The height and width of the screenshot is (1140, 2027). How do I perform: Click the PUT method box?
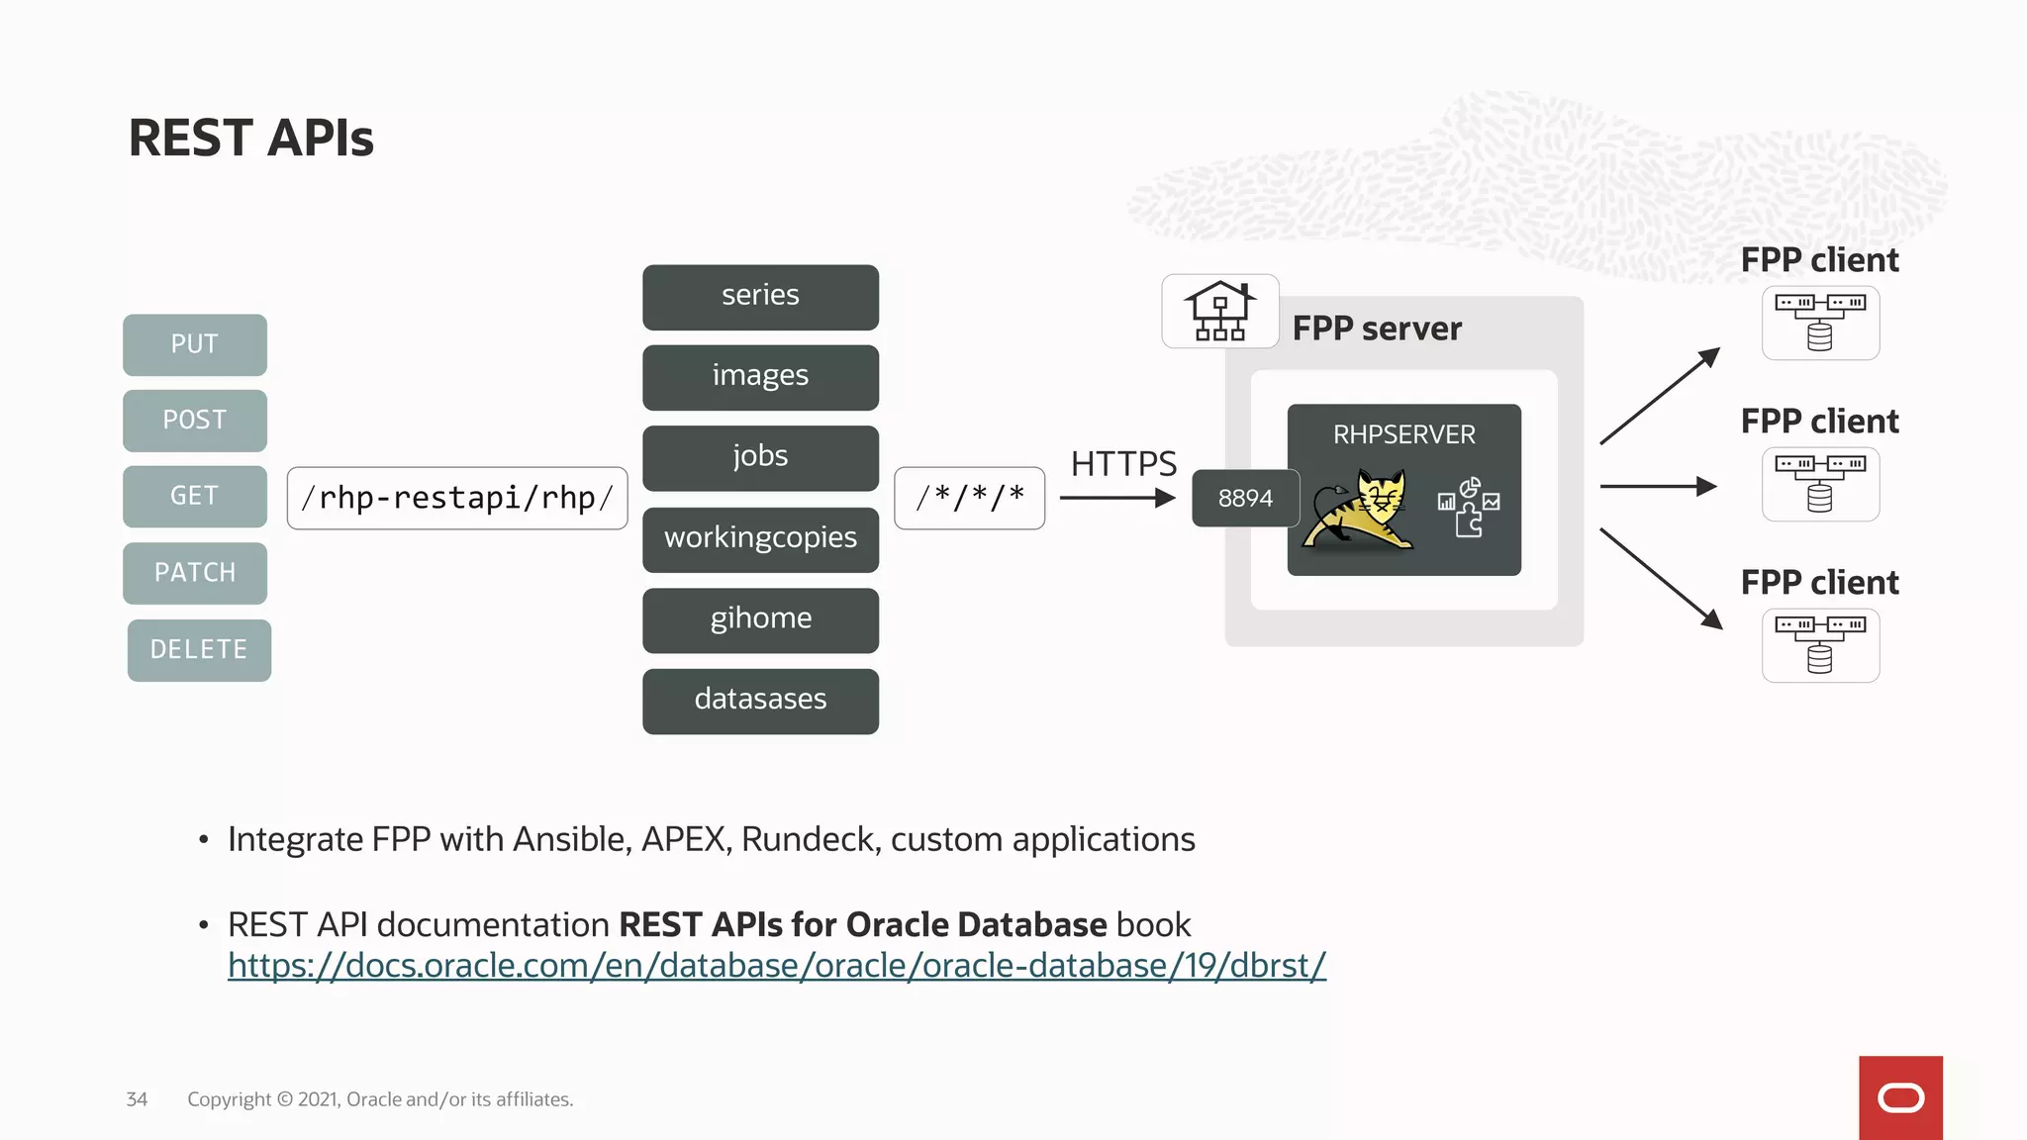coord(195,344)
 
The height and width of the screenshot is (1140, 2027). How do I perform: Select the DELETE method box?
coord(199,650)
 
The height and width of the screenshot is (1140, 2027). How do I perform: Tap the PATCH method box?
coord(195,573)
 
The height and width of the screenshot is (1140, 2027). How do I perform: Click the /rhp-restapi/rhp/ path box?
coord(457,498)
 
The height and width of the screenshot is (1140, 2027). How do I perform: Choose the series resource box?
coord(760,297)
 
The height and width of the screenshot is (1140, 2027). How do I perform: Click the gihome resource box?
coord(760,619)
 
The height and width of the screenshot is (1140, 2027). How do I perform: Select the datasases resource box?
coord(760,701)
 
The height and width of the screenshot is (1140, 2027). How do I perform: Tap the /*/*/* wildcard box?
coord(969,498)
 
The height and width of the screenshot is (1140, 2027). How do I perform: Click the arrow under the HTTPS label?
coord(1116,498)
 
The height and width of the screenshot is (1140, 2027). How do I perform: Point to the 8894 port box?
coord(1245,498)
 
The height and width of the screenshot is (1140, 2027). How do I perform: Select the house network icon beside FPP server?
coord(1219,311)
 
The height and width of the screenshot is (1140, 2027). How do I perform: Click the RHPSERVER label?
coord(1403,434)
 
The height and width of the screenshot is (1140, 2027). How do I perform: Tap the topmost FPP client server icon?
coord(1820,323)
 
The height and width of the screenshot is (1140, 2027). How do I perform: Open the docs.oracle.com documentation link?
coord(776,966)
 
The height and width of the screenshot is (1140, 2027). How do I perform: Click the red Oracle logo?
coord(1900,1097)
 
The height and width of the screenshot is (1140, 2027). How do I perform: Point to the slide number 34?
coord(137,1099)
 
